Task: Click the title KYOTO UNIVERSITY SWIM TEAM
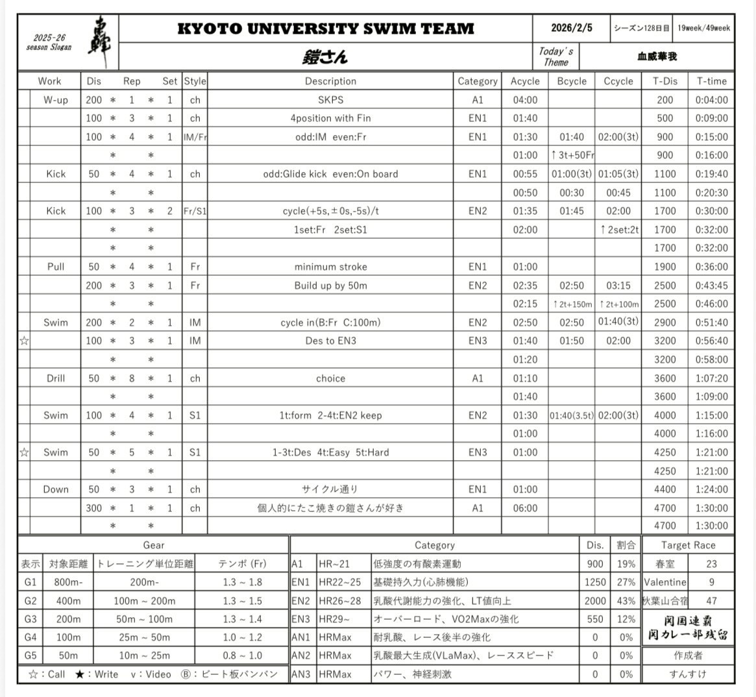point(326,29)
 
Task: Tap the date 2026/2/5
point(572,28)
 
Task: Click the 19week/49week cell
point(703,28)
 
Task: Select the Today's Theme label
point(556,56)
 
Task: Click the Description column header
point(330,81)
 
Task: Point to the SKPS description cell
point(330,100)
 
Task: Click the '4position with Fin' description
point(330,118)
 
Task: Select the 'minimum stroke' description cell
point(330,267)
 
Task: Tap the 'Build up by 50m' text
point(330,286)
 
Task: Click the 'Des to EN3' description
point(330,341)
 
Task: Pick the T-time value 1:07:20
point(711,378)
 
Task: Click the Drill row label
point(55,378)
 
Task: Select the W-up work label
point(55,100)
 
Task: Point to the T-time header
point(711,81)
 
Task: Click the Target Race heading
point(688,545)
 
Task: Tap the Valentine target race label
point(665,582)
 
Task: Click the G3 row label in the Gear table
point(30,619)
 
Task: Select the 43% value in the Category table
point(626,601)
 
